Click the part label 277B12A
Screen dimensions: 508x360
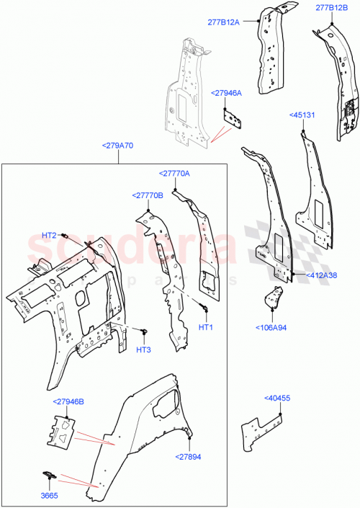(238, 22)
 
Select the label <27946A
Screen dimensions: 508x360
(226, 93)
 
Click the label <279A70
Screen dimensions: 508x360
(118, 146)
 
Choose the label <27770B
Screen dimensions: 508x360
(148, 195)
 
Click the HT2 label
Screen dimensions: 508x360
(49, 236)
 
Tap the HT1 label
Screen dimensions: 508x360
(206, 327)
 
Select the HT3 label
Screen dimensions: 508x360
(143, 350)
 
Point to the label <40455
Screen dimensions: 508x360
(277, 398)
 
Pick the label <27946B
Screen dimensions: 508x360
(68, 402)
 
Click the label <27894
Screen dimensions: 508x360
(189, 456)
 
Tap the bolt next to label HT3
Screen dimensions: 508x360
(145, 331)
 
